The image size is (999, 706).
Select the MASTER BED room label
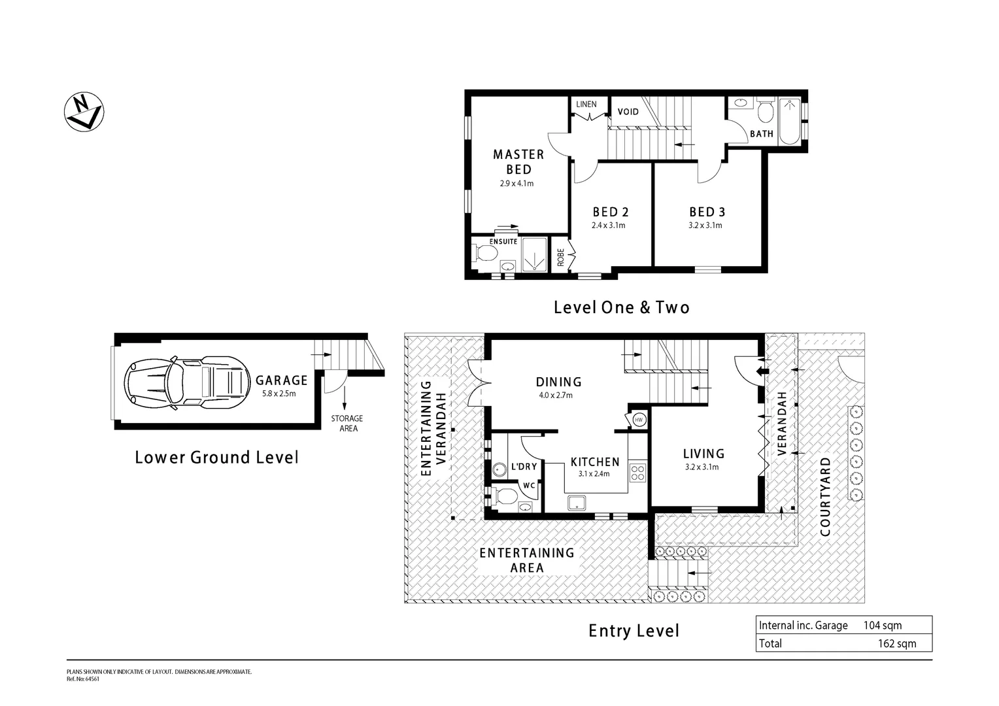click(518, 161)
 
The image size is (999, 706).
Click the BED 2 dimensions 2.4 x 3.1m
click(608, 226)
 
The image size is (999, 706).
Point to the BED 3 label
click(707, 212)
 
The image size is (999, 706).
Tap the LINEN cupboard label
click(586, 105)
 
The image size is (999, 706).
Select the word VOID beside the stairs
click(628, 112)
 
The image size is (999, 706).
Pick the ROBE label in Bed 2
click(560, 258)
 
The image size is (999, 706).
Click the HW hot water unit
click(638, 420)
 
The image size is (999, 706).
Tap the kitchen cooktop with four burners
click(637, 472)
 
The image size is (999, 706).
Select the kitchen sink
click(577, 502)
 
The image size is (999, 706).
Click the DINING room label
click(558, 382)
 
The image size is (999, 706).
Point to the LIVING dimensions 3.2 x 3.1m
click(702, 467)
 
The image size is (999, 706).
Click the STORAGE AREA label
click(347, 423)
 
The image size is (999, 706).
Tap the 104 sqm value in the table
click(883, 626)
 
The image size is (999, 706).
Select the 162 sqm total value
click(897, 644)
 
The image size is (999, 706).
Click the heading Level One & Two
click(621, 307)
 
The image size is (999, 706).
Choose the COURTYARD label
click(825, 497)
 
